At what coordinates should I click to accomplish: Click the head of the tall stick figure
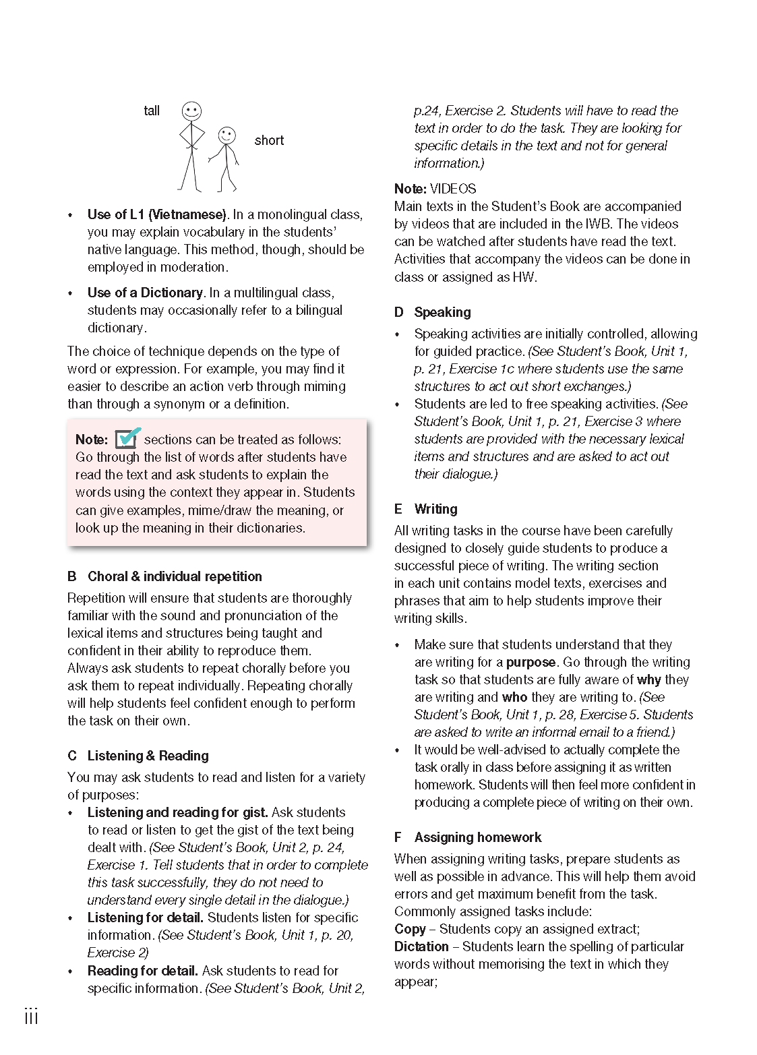pos(192,111)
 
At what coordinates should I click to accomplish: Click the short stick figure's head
pos(227,135)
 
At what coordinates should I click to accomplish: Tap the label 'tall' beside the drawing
pos(152,111)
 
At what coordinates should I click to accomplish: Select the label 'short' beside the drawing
pos(269,140)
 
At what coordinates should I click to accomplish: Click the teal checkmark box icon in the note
pos(127,438)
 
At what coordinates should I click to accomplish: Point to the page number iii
pos(31,1017)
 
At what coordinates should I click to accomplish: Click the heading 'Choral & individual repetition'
pos(175,576)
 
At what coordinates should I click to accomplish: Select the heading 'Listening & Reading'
pos(148,756)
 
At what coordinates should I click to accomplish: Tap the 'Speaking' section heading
pos(442,312)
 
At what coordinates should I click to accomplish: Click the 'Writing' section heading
pos(435,509)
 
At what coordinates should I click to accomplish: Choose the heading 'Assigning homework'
pos(477,837)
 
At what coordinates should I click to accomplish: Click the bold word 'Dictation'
pos(421,946)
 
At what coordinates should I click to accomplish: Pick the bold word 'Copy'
pos(410,929)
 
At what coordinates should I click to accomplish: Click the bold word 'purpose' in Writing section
pos(531,662)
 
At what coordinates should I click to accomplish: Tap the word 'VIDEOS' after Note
pos(453,189)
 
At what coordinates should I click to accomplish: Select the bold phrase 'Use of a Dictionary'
pos(145,293)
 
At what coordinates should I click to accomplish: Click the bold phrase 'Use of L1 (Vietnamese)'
pos(157,214)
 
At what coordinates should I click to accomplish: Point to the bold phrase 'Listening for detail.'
pos(145,917)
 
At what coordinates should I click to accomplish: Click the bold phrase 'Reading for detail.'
pos(142,971)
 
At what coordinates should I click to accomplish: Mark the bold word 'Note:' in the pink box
pos(92,440)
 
